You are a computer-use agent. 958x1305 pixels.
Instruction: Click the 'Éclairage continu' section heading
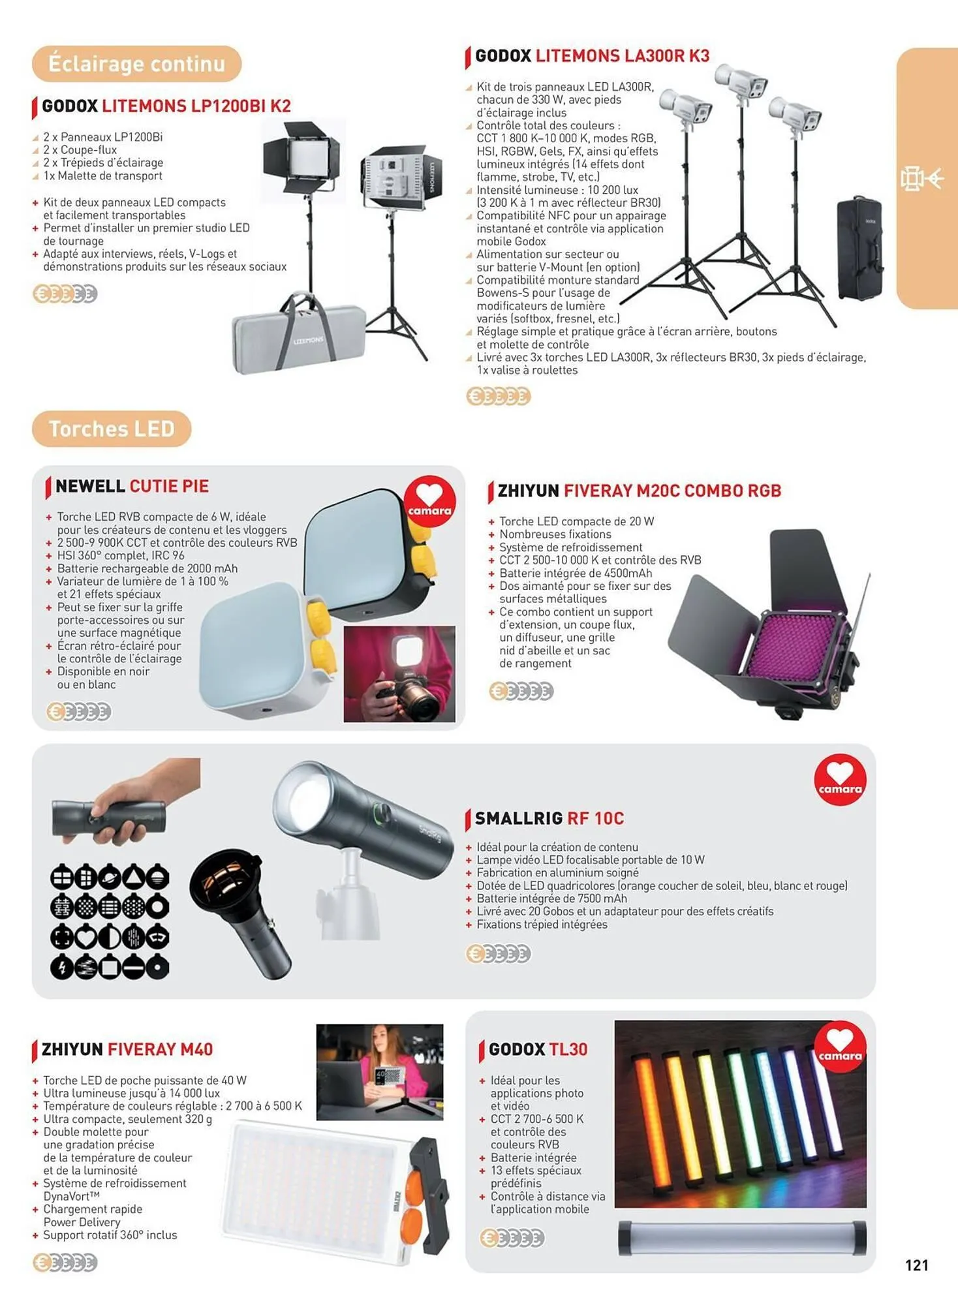click(136, 64)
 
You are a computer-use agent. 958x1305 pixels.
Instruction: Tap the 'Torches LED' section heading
click(112, 429)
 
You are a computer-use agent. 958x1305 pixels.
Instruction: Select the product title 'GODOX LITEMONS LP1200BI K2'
click(166, 106)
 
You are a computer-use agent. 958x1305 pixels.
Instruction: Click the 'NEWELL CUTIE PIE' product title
click(132, 486)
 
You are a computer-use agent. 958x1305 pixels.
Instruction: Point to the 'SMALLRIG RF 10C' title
click(549, 818)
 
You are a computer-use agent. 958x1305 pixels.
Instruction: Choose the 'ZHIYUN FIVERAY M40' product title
click(127, 1049)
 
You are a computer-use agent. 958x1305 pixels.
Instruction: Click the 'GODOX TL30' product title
click(538, 1049)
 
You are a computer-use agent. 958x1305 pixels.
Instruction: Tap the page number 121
click(917, 1265)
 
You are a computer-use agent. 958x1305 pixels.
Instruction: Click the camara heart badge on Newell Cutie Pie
click(429, 501)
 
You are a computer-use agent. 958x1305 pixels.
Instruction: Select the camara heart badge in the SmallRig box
click(840, 780)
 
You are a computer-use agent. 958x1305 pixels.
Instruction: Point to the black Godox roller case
click(860, 248)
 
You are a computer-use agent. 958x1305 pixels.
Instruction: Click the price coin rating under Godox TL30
click(512, 1238)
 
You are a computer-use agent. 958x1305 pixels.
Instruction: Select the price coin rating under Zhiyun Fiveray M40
click(65, 1263)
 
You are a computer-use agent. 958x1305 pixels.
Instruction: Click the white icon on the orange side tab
click(921, 178)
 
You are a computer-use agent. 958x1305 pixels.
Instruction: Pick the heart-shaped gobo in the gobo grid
click(85, 937)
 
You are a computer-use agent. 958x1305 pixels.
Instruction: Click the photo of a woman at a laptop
click(380, 1072)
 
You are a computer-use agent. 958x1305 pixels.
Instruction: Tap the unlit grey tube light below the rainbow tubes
click(742, 1238)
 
